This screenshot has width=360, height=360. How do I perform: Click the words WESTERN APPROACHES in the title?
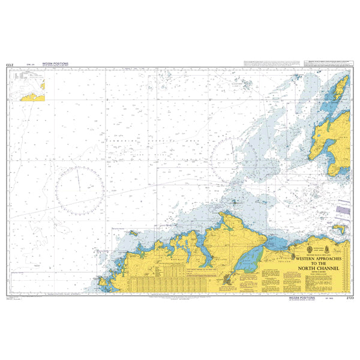(323, 256)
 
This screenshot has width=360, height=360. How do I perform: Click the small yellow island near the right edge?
(340, 229)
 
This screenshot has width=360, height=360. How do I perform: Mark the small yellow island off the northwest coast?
(133, 233)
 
